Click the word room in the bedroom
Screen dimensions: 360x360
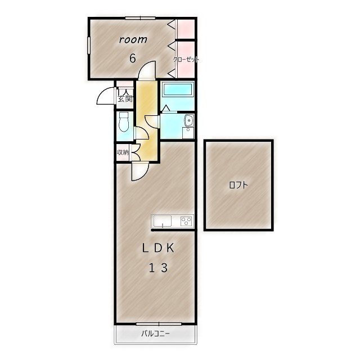coord(133,40)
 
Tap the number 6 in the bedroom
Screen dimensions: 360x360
coord(133,58)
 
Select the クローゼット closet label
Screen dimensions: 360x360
coord(186,60)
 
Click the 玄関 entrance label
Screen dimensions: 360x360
coord(125,99)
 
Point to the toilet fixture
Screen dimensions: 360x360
coord(124,121)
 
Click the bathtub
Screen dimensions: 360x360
coord(178,89)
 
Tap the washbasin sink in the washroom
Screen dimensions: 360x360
coord(189,120)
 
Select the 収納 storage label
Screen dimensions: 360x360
coord(123,152)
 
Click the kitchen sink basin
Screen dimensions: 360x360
coord(163,221)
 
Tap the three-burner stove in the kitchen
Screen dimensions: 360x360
coord(186,221)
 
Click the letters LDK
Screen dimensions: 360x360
coord(158,248)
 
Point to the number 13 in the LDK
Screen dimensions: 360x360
coord(159,268)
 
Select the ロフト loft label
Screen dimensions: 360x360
coord(238,185)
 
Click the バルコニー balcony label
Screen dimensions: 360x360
coord(155,334)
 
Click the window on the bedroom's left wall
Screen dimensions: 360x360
coord(89,45)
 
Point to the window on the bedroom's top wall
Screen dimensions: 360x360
coord(140,18)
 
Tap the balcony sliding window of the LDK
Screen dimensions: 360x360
coord(159,324)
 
